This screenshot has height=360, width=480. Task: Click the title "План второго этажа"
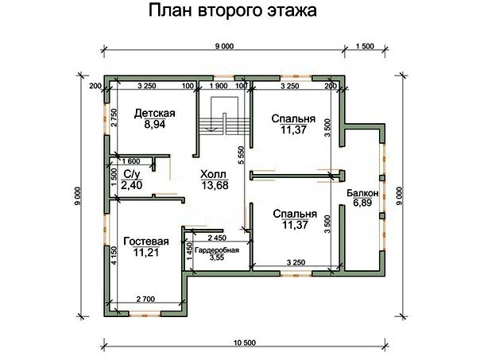pos(233,10)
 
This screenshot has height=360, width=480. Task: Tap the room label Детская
pos(155,114)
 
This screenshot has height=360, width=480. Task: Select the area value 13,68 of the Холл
pos(215,185)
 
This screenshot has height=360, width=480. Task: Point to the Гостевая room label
pos(146,242)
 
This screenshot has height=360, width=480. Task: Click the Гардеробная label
pos(217,250)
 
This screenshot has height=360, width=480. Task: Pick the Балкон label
pos(362,193)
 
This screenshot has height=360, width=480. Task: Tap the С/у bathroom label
pos(132,174)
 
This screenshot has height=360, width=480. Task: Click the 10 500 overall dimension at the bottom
pos(245,343)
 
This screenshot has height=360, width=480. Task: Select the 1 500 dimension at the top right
pos(365,46)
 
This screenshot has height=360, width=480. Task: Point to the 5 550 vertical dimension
pos(242,155)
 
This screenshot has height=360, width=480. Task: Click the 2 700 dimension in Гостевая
pos(145,299)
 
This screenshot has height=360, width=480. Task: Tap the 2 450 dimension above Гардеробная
pos(217,238)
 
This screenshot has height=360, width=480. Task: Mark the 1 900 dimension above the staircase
pos(219,86)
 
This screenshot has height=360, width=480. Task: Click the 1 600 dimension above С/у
pos(131,161)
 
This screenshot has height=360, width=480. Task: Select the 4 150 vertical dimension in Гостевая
pos(114,255)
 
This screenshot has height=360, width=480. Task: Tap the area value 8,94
pos(155,124)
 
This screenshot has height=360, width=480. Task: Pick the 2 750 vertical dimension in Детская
pos(114,118)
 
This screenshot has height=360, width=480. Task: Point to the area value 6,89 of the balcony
pos(362,203)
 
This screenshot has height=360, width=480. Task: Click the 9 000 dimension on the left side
pos(78,196)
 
